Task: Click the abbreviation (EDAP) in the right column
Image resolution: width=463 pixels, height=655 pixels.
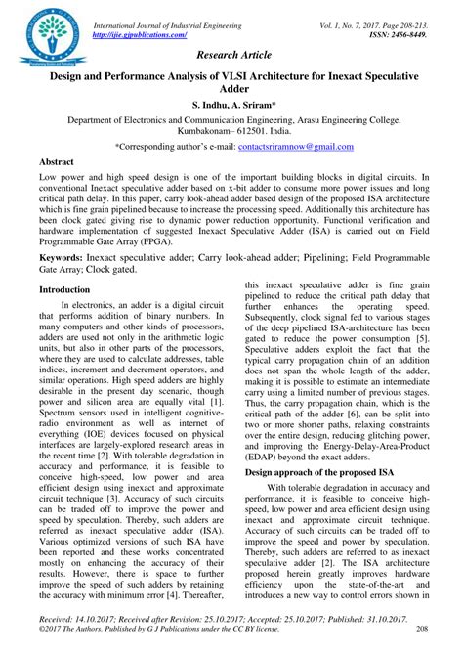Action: coord(269,454)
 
